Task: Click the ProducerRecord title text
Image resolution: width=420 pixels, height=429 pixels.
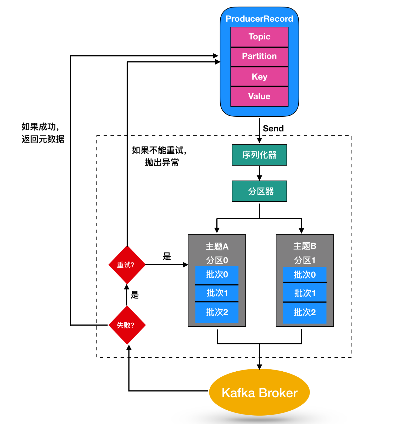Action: [x=259, y=19]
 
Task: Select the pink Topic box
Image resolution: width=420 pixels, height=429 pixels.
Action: [x=259, y=37]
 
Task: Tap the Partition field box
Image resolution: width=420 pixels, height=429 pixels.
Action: [x=259, y=56]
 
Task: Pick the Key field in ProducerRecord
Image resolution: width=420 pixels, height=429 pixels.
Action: [x=259, y=77]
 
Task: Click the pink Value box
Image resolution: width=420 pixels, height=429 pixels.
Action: [x=259, y=96]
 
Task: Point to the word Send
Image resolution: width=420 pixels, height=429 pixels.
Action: [x=273, y=128]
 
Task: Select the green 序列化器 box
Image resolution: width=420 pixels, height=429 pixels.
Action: [x=259, y=155]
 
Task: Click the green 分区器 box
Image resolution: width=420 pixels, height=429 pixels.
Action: [x=259, y=191]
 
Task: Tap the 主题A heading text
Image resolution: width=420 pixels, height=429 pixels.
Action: [x=217, y=246]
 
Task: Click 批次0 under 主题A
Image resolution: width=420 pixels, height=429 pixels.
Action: [x=217, y=275]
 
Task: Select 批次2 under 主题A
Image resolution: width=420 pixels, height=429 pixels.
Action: [x=217, y=312]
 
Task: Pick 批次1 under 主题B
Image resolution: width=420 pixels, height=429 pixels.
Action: [x=305, y=293]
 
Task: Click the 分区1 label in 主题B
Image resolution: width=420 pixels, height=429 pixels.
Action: [x=305, y=260]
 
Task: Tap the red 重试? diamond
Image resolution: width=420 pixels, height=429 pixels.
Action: [x=127, y=265]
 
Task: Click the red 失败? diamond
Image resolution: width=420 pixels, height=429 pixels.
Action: [x=127, y=325]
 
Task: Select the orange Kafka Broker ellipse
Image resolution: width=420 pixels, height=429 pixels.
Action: [x=259, y=393]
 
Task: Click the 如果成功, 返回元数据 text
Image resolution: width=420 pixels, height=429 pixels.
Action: [x=43, y=133]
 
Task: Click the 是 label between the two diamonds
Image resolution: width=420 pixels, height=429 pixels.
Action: [x=135, y=295]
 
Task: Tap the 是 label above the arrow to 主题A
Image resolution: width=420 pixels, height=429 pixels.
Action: [x=167, y=256]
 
